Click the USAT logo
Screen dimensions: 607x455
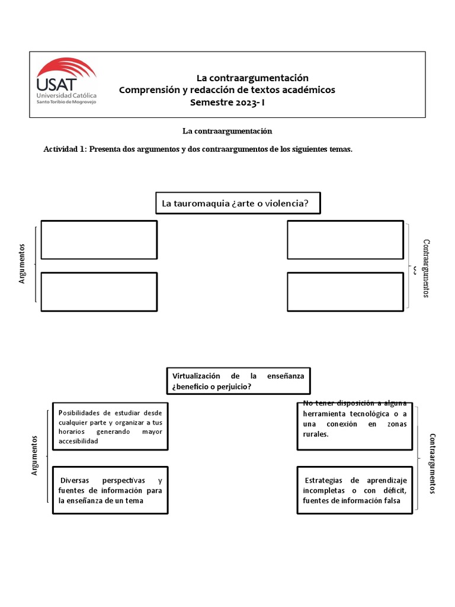tap(66, 82)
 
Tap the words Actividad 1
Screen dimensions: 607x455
tap(65, 149)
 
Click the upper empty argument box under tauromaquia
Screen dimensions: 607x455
tap(99, 239)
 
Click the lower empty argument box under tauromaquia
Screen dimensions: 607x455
tap(99, 291)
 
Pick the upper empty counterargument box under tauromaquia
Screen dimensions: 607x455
tap(345, 239)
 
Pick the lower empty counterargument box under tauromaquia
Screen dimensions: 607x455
tap(345, 291)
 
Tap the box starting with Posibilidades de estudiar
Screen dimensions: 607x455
tap(110, 426)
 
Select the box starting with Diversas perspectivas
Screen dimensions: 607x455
tap(110, 490)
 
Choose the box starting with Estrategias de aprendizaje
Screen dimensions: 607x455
tap(354, 490)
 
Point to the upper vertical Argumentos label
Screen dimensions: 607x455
tap(23, 263)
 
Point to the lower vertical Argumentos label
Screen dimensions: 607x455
tap(34, 455)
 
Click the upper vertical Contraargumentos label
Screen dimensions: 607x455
tap(426, 268)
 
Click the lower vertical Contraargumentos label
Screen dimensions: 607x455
tap(432, 463)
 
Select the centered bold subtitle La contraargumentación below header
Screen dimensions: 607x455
tap(227, 131)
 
